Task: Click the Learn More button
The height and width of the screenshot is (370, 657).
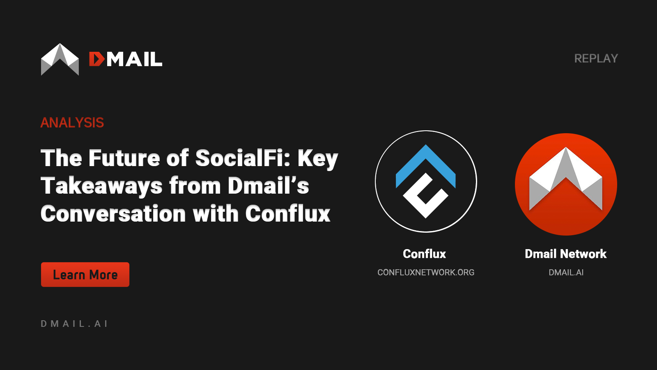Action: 85,275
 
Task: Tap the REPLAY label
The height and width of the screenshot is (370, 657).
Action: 596,58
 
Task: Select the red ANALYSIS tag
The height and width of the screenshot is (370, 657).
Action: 72,123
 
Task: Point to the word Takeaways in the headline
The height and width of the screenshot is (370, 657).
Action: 101,186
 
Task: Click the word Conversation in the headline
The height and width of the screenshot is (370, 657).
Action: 113,214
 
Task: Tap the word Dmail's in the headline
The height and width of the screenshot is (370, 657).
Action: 268,186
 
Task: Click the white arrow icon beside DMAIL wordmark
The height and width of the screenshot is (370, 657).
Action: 60,59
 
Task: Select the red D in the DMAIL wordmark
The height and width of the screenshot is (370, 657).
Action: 97,59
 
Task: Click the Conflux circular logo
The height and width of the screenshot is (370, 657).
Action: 426,181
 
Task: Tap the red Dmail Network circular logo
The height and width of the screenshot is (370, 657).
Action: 566,184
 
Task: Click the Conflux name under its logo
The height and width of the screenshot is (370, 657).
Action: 424,254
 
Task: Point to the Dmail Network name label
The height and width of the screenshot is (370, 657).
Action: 565,254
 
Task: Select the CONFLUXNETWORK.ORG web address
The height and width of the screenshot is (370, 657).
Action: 426,272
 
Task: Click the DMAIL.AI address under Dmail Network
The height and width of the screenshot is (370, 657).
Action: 566,272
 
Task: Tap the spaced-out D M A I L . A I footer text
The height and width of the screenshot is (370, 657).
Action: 74,324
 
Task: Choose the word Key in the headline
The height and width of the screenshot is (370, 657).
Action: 317,158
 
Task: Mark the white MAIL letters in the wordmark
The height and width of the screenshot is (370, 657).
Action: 134,59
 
